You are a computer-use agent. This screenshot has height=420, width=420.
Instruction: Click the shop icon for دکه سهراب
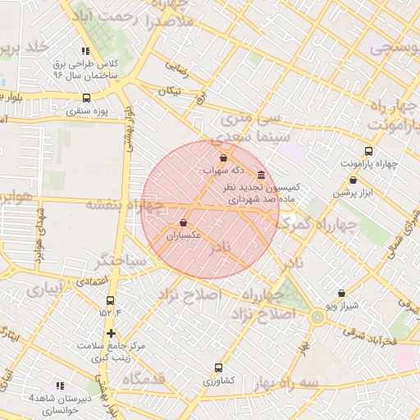coord(224,157)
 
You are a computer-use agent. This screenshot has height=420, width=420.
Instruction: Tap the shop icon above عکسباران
coord(182,223)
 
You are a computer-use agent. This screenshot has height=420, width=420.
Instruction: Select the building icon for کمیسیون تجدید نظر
coord(261,175)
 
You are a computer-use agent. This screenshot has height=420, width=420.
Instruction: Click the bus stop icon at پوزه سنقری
coord(87,97)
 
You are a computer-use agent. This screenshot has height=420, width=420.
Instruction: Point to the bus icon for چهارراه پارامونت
coord(368,151)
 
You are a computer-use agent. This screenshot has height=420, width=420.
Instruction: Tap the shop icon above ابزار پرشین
coord(353,180)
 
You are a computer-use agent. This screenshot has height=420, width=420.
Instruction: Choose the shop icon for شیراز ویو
coord(341,293)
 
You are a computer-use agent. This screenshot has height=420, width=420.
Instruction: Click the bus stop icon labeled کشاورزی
coord(218,367)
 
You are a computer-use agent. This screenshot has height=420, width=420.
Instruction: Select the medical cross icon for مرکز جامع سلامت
coord(112,333)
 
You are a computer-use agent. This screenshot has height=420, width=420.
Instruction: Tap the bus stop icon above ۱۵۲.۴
coord(111,299)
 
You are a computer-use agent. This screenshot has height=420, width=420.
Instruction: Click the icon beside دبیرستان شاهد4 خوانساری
coord(59,385)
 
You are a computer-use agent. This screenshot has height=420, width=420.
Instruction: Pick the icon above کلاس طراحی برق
coord(86,51)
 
